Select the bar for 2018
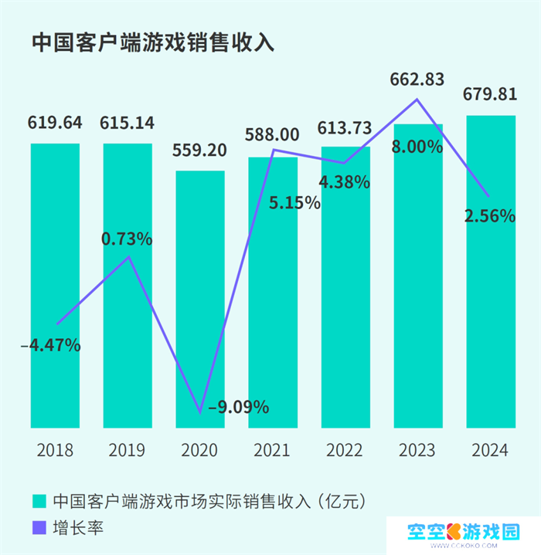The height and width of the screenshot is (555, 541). click(x=55, y=286)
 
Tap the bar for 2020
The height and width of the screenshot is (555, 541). click(x=199, y=301)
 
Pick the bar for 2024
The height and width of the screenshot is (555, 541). click(x=491, y=270)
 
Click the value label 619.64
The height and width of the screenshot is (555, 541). click(x=55, y=123)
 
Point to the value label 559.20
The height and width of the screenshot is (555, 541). click(x=199, y=150)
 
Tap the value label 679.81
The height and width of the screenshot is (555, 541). click(x=490, y=95)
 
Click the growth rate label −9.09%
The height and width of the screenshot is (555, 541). click(x=233, y=406)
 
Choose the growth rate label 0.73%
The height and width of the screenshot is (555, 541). click(x=127, y=239)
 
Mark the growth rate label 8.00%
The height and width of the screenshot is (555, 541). click(x=417, y=146)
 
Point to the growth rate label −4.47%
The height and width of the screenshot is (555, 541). click(x=50, y=345)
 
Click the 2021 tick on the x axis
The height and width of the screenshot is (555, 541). click(x=272, y=450)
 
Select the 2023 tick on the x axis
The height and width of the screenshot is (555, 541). click(x=417, y=450)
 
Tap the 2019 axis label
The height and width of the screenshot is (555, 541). click(x=127, y=450)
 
